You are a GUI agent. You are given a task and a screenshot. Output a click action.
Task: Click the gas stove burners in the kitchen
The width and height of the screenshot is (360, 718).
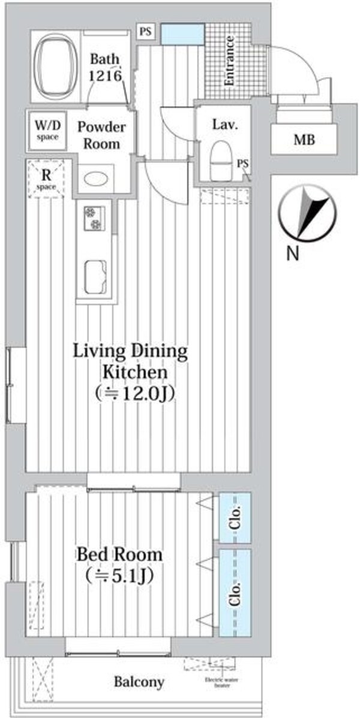[94, 219]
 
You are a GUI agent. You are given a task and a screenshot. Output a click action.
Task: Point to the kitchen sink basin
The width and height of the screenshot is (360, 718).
[95, 274]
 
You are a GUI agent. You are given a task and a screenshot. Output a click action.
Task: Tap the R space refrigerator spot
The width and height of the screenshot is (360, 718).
[46, 179]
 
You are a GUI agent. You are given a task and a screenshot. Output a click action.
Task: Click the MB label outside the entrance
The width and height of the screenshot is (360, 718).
[304, 140]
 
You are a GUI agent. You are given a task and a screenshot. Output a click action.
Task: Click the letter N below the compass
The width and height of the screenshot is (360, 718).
[292, 254]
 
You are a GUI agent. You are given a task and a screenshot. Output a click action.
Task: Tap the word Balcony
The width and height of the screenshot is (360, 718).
[139, 682]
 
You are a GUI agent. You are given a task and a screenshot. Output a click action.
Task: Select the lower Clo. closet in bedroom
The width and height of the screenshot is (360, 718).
[235, 593]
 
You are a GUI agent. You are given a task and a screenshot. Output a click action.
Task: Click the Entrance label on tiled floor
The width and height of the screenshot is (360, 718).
[230, 61]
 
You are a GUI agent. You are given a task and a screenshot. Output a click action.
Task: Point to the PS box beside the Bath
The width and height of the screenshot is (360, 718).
[145, 32]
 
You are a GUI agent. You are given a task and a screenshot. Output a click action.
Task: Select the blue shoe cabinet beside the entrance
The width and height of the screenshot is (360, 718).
[184, 34]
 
